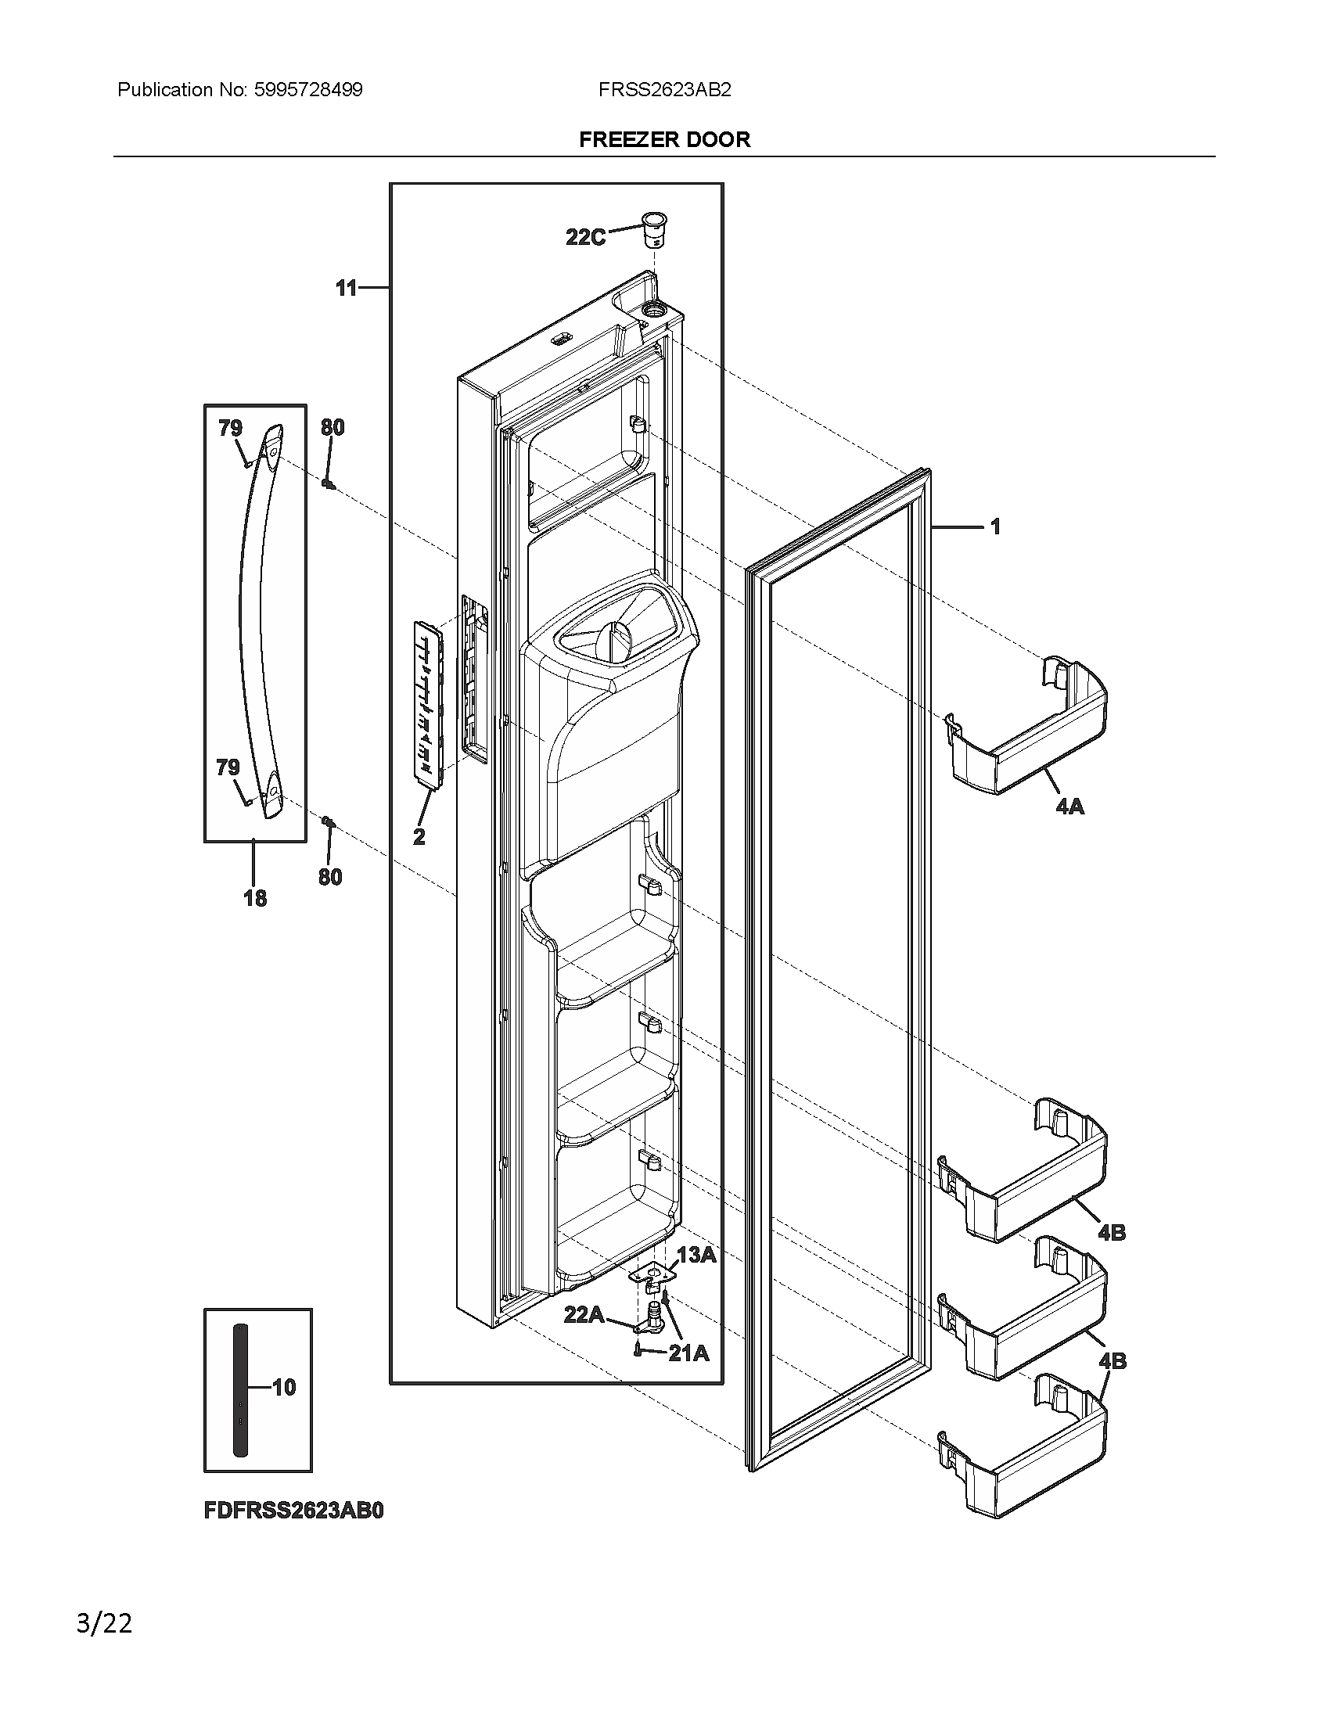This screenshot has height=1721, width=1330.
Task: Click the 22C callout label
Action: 585,236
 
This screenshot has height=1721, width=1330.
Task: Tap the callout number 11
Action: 347,289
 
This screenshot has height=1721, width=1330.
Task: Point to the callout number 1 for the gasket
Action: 995,526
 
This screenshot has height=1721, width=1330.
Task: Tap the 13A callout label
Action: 696,1255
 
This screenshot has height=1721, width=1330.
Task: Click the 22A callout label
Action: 584,1314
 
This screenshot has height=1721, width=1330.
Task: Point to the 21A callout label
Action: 688,1353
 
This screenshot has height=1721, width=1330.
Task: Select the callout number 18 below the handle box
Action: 254,897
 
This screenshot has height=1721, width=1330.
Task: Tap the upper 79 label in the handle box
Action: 230,428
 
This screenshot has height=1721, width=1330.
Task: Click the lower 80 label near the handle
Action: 330,876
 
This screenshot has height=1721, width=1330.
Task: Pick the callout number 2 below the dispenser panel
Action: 419,836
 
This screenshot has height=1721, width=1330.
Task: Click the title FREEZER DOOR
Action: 664,139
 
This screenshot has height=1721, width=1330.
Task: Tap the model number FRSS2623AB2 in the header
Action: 664,90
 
